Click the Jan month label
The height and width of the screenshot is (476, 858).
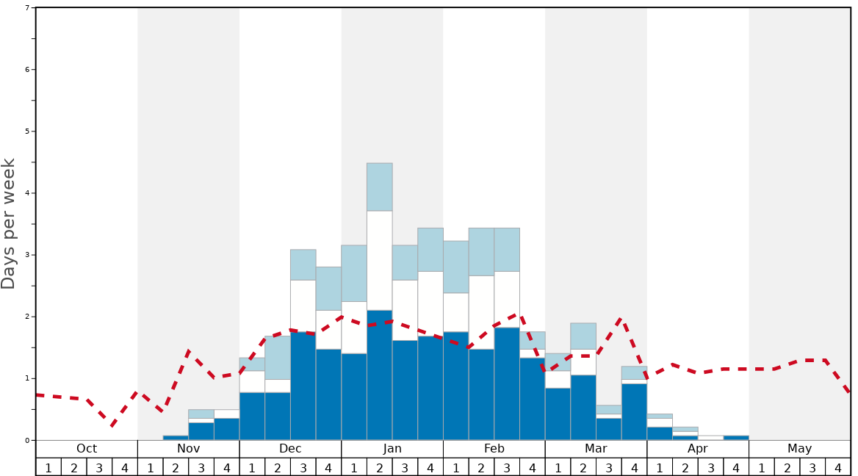coord(392,449)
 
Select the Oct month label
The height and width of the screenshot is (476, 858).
coord(87,449)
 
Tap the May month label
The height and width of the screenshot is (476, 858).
coord(799,449)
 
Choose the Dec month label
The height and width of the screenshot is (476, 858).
coord(290,449)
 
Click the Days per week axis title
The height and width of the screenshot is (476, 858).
coord(9,224)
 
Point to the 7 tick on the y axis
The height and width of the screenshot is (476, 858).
coord(27,8)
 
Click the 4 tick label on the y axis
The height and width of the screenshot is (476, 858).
coord(27,193)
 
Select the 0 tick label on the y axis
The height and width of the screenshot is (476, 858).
coord(27,441)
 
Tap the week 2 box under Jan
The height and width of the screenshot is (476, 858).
coord(379,467)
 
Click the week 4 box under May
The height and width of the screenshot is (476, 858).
coord(837,467)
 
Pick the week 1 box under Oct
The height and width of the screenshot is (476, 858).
coord(48,467)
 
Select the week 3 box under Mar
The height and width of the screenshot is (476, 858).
coord(608,467)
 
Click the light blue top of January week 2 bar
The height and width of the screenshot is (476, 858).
coord(379,187)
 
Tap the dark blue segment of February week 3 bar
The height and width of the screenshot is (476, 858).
coord(507,383)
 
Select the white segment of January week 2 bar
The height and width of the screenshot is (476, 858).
coord(379,260)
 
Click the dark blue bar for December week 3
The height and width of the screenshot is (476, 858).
coord(303,386)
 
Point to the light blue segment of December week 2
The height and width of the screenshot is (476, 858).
coord(278,358)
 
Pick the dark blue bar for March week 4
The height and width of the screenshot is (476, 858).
coord(634,411)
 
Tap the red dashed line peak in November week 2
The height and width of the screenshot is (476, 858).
coord(189,351)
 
